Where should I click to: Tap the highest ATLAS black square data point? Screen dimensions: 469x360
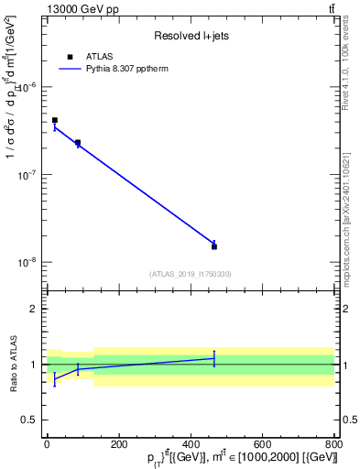[x=55, y=120]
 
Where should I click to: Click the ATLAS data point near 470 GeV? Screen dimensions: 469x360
[x=214, y=246]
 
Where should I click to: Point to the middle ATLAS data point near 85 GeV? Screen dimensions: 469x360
[x=78, y=143]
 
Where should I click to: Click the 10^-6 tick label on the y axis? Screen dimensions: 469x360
[x=27, y=87]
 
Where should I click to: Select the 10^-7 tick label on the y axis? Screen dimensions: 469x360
[x=27, y=174]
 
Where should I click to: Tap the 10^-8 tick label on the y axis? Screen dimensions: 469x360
[x=27, y=262]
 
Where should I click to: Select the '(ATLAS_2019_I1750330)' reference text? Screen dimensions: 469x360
[x=191, y=274]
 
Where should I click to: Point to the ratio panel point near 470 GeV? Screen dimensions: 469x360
[x=214, y=358]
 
